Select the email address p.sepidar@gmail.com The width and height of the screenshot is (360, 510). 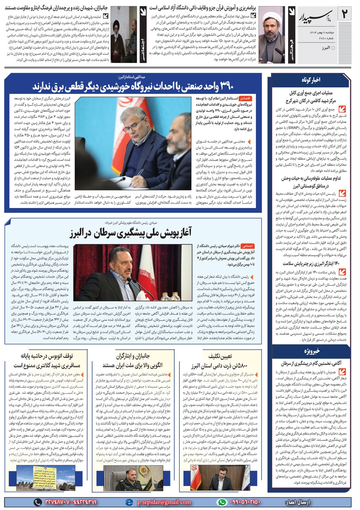[x=164, y=502]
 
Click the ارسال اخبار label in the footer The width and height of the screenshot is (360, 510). [x=299, y=502]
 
